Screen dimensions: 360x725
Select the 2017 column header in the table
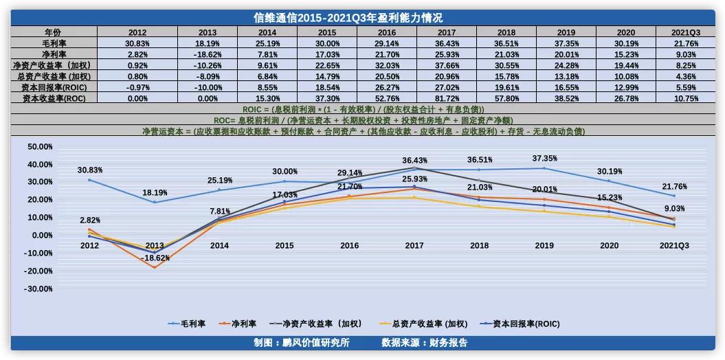pyautogui.click(x=446, y=32)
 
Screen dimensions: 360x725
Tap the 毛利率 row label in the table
pyautogui.click(x=54, y=43)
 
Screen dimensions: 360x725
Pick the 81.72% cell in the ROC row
pyautogui.click(x=446, y=98)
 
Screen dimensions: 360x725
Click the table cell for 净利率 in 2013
pyautogui.click(x=207, y=54)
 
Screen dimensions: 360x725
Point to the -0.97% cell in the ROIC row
pyautogui.click(x=137, y=87)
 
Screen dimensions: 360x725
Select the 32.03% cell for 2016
pyautogui.click(x=386, y=65)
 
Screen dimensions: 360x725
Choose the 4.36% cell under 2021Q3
pyautogui.click(x=685, y=76)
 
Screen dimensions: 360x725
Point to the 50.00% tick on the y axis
pyautogui.click(x=40, y=146)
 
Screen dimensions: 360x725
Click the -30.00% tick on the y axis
pyautogui.click(x=40, y=289)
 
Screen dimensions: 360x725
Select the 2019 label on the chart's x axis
pyautogui.click(x=544, y=245)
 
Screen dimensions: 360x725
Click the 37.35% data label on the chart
pyautogui.click(x=544, y=159)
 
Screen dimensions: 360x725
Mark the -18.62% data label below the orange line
pyautogui.click(x=155, y=258)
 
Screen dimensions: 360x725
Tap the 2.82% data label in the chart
pyautogui.click(x=89, y=221)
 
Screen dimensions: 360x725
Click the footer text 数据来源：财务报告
pyautogui.click(x=425, y=342)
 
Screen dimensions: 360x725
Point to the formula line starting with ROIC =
pyautogui.click(x=363, y=109)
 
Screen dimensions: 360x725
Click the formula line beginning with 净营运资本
pyautogui.click(x=363, y=131)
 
